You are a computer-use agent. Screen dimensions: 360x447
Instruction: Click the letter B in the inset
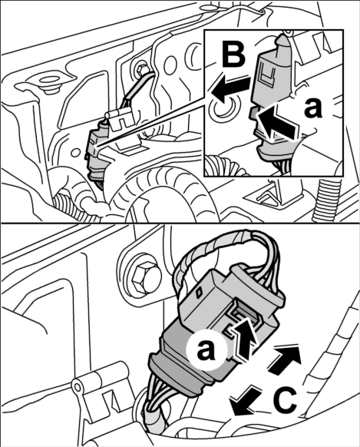(x=233, y=55)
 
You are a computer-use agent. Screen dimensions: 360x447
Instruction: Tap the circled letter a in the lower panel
(x=206, y=351)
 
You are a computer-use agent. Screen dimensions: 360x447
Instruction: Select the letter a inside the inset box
(x=312, y=108)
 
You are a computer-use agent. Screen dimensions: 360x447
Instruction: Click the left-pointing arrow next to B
(x=232, y=86)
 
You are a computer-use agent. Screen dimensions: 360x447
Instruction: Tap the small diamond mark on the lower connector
(x=199, y=292)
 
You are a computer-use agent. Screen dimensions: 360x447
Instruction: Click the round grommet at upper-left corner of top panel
(x=48, y=82)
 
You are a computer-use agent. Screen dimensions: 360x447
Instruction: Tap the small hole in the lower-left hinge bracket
(x=77, y=386)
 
